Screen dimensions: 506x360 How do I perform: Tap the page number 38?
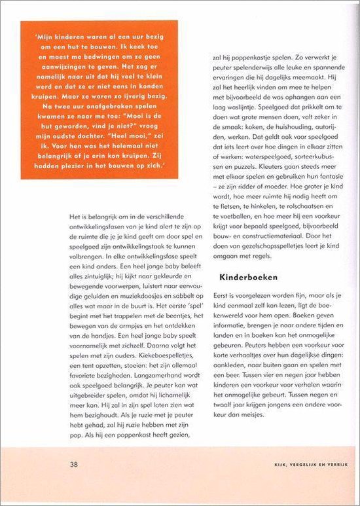click(x=74, y=464)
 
